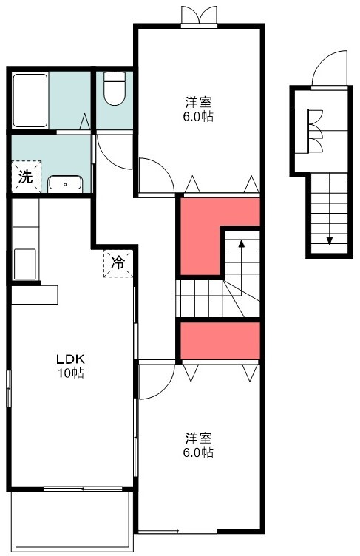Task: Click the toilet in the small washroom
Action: tap(114, 90)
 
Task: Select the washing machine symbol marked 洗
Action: tap(25, 177)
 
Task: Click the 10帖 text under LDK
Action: tap(72, 373)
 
